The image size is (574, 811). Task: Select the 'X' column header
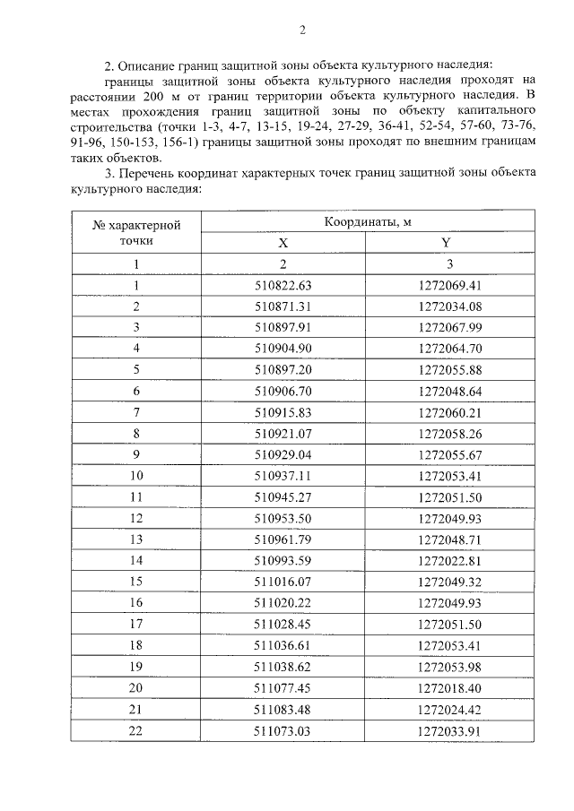(x=283, y=243)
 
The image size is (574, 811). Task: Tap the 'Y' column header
(x=446, y=243)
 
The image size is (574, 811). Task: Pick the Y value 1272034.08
(x=450, y=306)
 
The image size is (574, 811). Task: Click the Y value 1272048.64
(x=450, y=391)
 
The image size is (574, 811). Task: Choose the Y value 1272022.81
(x=450, y=560)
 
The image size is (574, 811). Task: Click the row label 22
(x=136, y=730)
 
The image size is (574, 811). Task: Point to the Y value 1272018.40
(x=450, y=687)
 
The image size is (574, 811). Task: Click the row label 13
(x=136, y=539)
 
